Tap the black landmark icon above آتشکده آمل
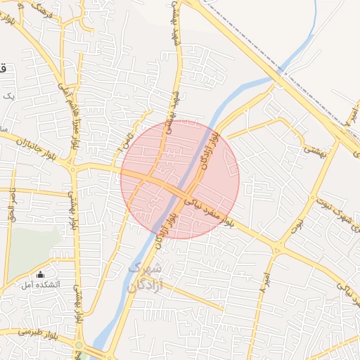coord(40,274)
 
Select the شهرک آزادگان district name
coord(146,278)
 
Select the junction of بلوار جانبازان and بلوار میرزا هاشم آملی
coord(72,167)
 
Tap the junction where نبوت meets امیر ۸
coord(279,248)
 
